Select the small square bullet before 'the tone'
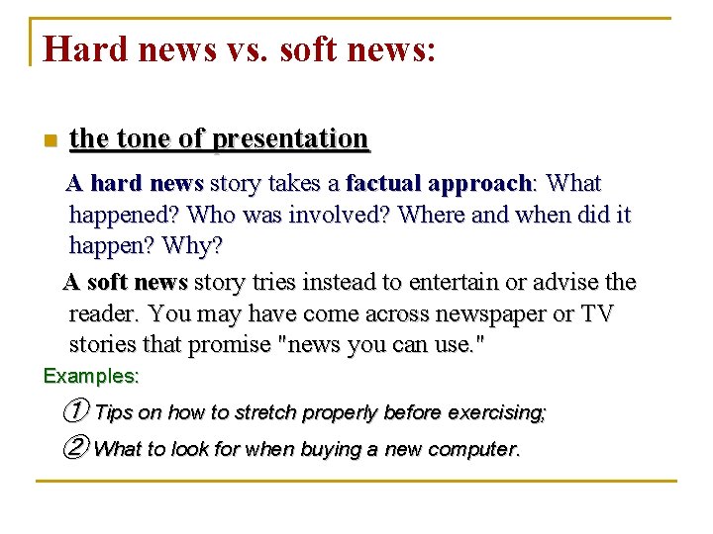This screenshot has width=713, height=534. (50, 140)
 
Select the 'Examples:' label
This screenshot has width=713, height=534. (91, 377)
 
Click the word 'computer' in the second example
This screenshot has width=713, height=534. (469, 449)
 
